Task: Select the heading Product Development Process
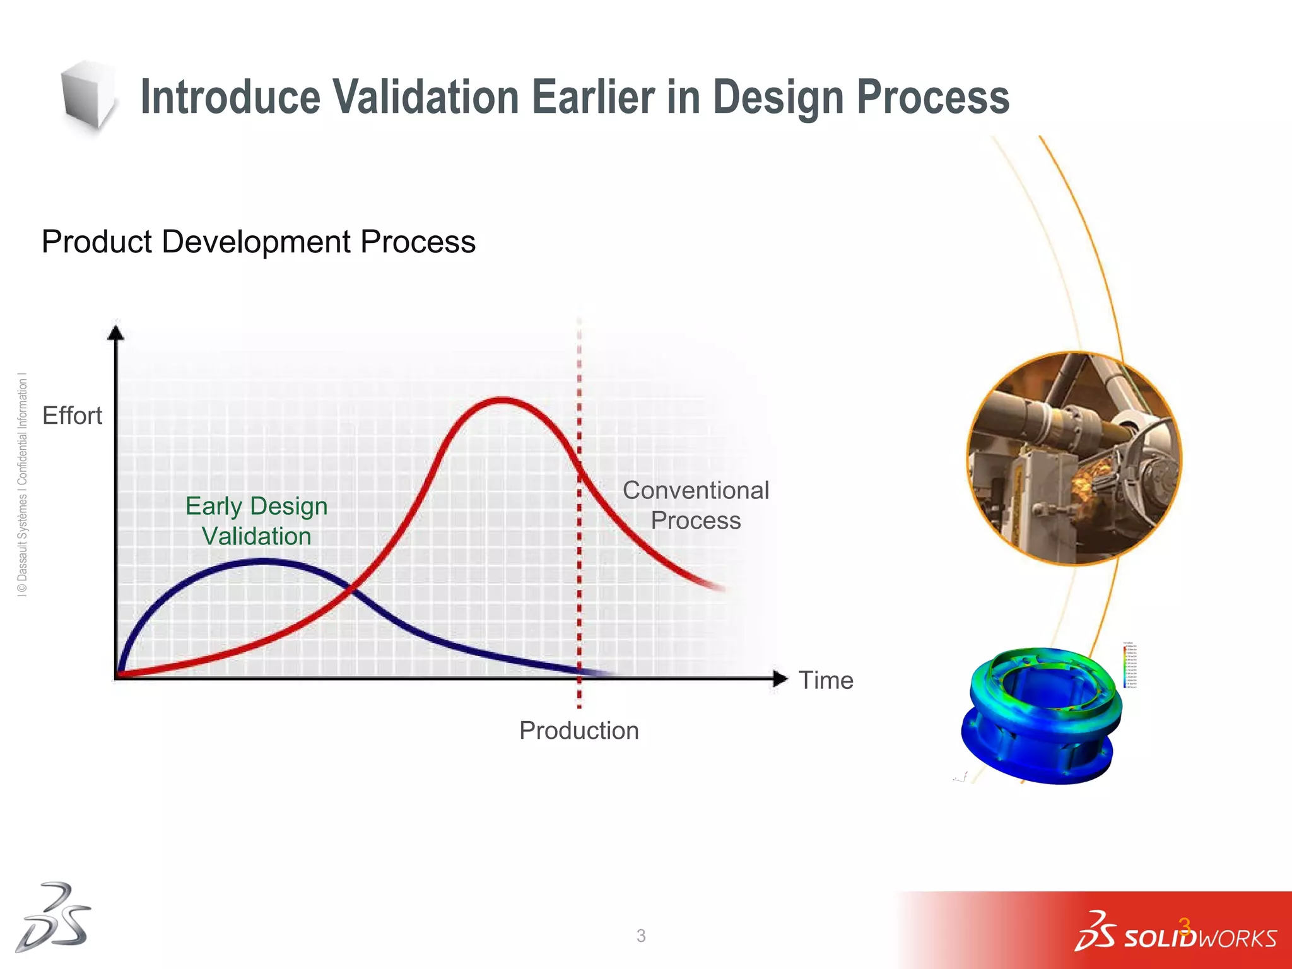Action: click(x=258, y=242)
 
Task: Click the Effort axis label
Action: click(x=72, y=416)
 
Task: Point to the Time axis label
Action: click(x=825, y=680)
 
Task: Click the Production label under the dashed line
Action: click(x=578, y=731)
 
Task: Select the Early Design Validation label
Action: click(x=256, y=521)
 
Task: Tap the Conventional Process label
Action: click(x=695, y=505)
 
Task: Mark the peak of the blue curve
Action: click(x=262, y=561)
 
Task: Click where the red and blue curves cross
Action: click(x=351, y=589)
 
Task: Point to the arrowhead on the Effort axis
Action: click(x=115, y=332)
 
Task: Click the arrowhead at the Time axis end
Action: click(x=780, y=679)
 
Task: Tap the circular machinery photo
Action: click(x=1074, y=459)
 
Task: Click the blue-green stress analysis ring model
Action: click(x=1041, y=716)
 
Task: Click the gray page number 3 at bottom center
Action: click(x=641, y=936)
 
